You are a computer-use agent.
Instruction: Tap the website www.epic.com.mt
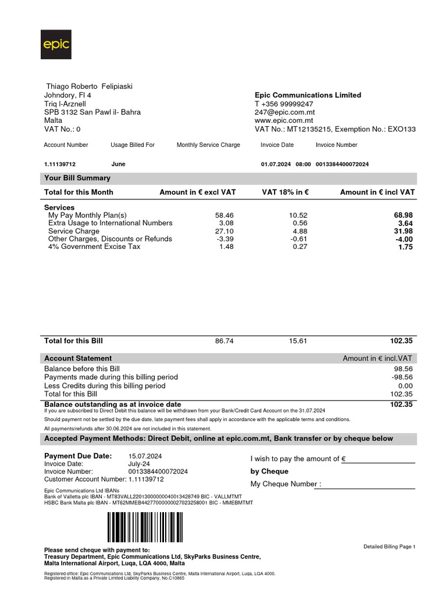pos(284,121)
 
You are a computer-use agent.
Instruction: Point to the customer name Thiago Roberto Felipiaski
pos(89,86)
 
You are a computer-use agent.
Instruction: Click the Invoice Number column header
pos(337,145)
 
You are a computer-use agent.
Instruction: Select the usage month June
pos(118,164)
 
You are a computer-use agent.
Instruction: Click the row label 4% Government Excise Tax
pos(94,247)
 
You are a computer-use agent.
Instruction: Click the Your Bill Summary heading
pos(77,178)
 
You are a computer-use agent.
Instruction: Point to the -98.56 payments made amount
pos(401,377)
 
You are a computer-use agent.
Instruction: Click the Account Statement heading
pos(78,358)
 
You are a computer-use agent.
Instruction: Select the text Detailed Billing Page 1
pos(389,546)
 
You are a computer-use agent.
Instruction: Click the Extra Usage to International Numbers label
pos(110,223)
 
